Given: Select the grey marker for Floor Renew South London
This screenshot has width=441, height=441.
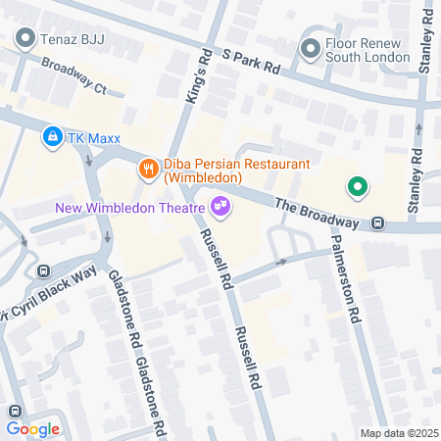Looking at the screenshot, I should click(x=311, y=47).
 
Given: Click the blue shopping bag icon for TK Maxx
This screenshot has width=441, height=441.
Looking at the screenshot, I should click(x=52, y=138).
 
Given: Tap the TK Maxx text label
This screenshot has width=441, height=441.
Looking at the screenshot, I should click(x=92, y=138).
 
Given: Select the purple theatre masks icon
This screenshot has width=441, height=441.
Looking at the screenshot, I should click(x=220, y=205).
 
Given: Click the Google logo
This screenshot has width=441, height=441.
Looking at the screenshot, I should click(x=32, y=428).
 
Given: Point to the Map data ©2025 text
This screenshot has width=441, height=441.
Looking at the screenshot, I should click(x=399, y=433).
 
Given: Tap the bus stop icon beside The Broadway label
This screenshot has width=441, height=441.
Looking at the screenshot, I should click(x=378, y=223).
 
